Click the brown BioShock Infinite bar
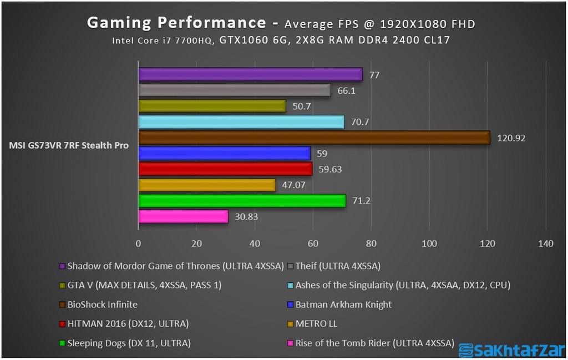[x=313, y=137]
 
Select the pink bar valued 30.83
[x=183, y=216]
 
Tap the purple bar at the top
[x=250, y=74]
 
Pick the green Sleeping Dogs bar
[x=241, y=201]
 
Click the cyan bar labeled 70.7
[x=241, y=121]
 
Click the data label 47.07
[x=293, y=185]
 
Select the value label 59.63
[x=330, y=169]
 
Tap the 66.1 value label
[x=346, y=90]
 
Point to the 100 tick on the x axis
[x=429, y=243]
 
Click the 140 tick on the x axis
[x=546, y=243]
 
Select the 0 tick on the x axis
[x=138, y=243]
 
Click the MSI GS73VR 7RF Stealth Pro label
[x=69, y=146]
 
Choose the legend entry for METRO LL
[x=316, y=324]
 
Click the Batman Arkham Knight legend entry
[x=343, y=305]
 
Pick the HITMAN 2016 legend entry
[x=128, y=324]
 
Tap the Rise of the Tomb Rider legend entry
[x=374, y=343]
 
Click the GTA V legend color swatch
[x=62, y=286]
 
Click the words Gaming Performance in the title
[x=176, y=23]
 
